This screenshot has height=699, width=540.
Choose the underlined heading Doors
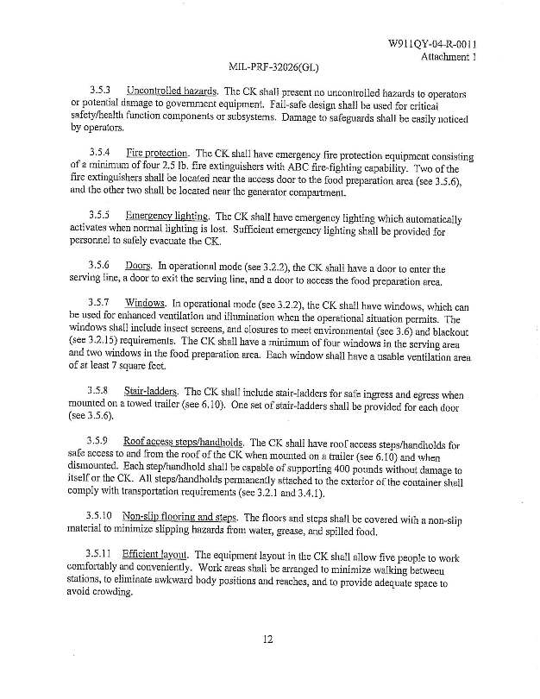click(138, 268)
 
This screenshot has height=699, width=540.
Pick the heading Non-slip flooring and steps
click(181, 516)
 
